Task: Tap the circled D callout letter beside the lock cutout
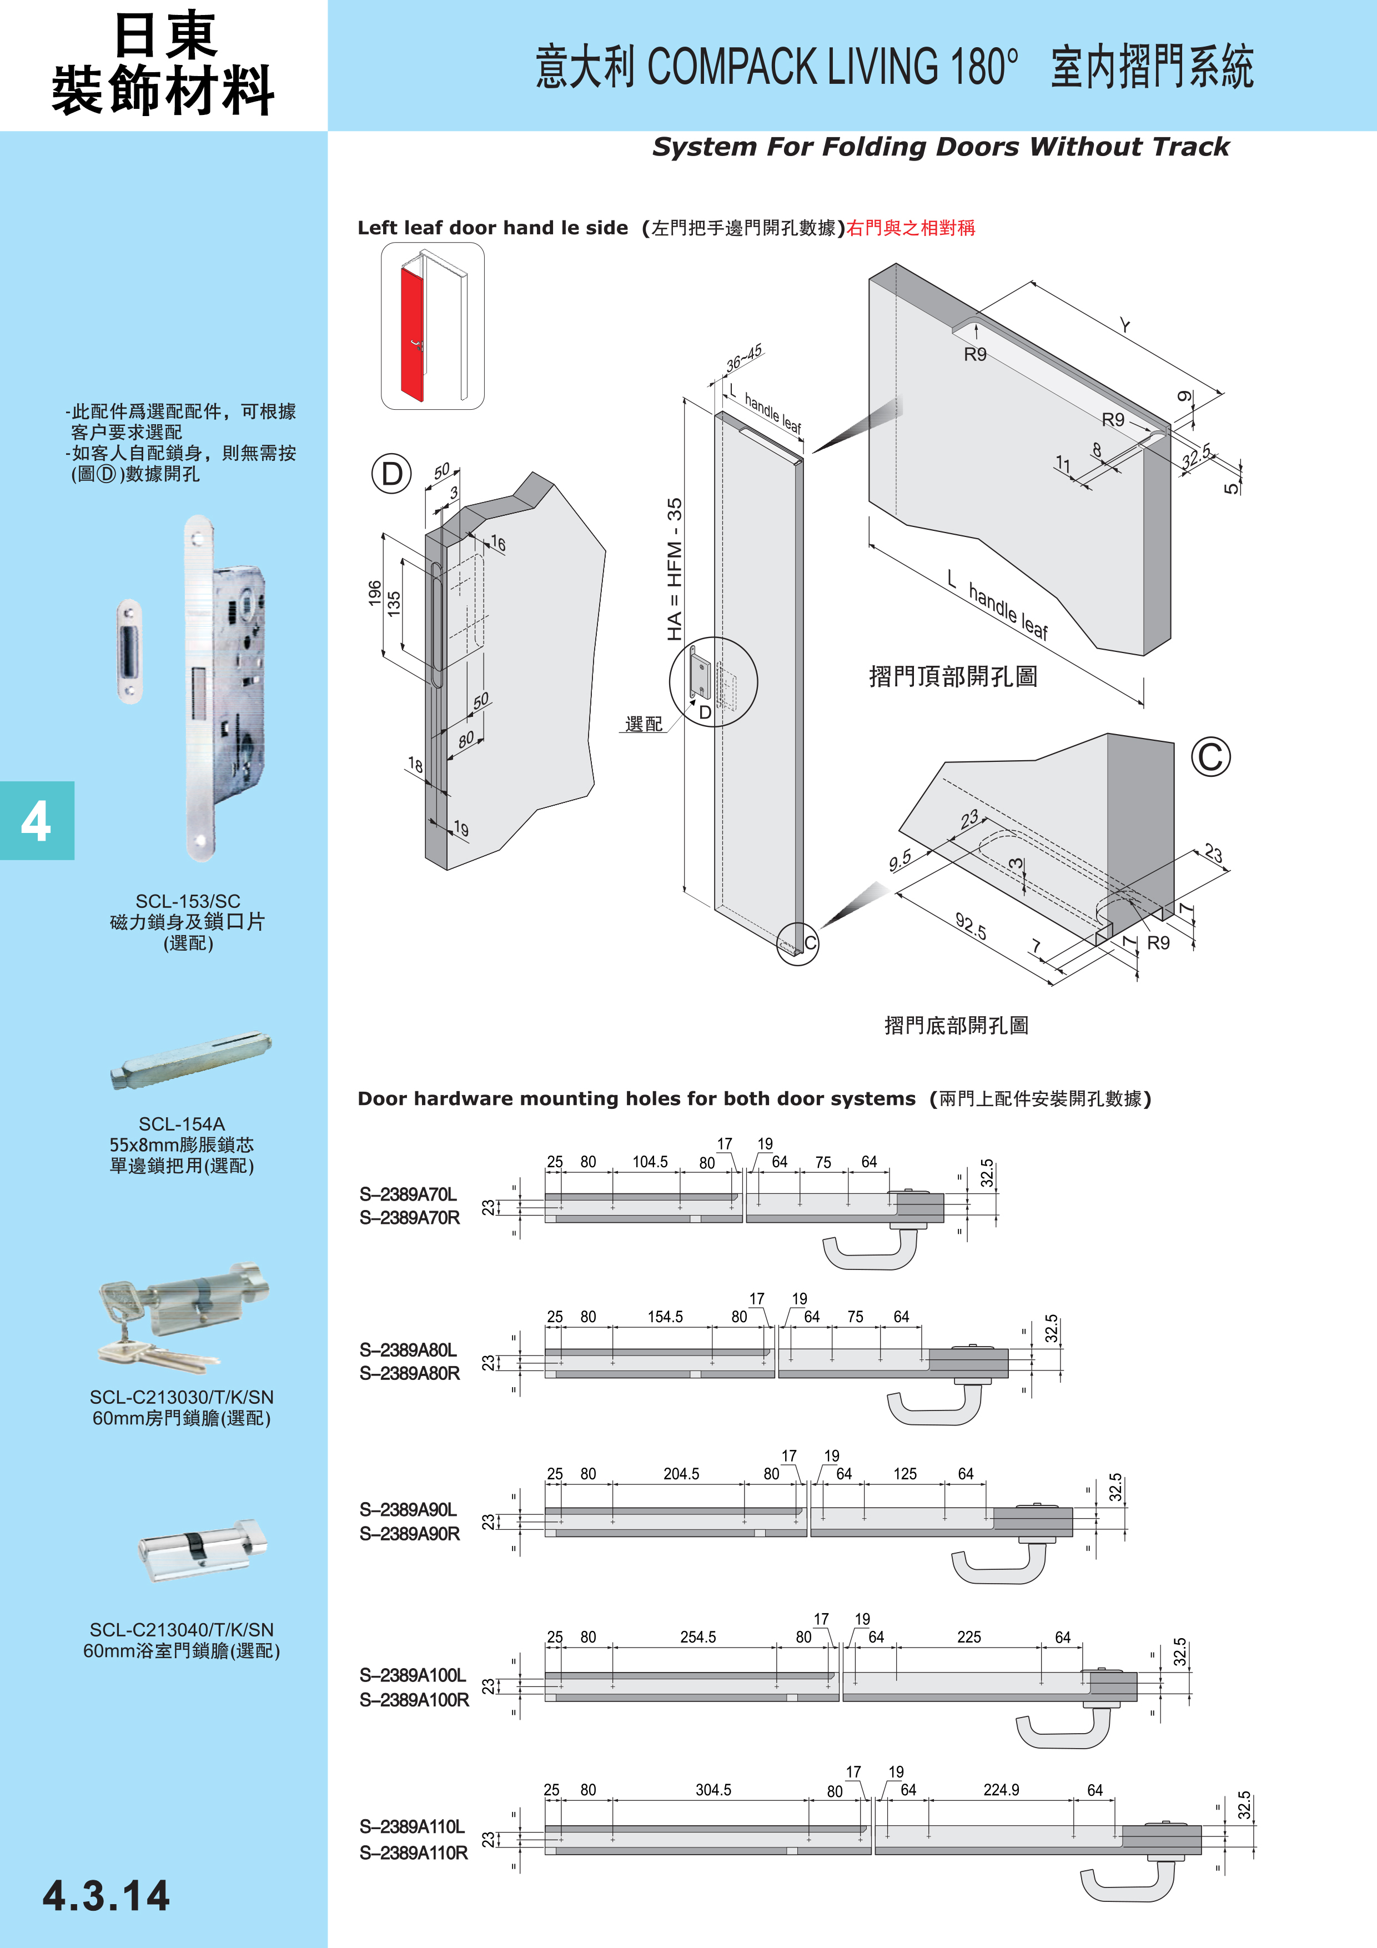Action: [x=391, y=474]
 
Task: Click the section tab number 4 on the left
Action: [x=36, y=821]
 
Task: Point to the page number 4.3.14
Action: [x=106, y=1896]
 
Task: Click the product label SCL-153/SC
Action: [x=188, y=901]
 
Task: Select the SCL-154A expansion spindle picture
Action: [x=190, y=1061]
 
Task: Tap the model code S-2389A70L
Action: [x=408, y=1194]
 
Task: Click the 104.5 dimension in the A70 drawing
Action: [x=650, y=1162]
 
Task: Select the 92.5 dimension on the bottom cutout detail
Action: [x=971, y=926]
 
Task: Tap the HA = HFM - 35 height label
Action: [x=675, y=569]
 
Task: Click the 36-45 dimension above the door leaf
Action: [x=744, y=359]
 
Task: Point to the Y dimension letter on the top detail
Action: [x=1124, y=326]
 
